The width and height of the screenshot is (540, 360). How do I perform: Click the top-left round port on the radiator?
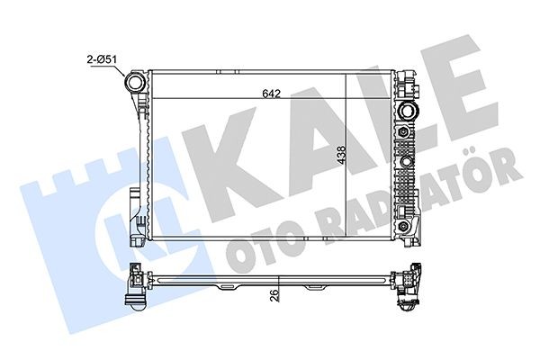(137, 82)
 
